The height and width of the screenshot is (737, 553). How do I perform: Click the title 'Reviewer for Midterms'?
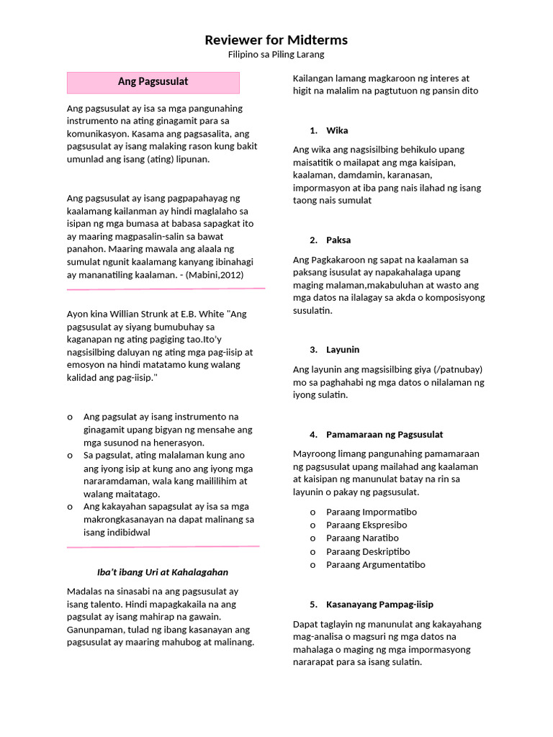pos(276,40)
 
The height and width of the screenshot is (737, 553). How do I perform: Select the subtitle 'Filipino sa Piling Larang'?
pos(276,55)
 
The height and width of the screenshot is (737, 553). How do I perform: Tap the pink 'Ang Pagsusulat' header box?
pos(153,82)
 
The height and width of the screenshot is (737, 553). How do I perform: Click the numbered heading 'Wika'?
pos(337,130)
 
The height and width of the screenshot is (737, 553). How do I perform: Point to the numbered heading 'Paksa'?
pos(338,240)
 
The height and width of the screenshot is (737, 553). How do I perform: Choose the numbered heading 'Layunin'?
pos(343,350)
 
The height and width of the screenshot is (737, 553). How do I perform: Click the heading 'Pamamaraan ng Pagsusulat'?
pos(385,435)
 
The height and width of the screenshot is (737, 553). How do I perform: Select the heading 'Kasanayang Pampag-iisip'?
pos(379,605)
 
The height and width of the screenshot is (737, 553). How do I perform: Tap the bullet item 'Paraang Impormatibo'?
pos(372,512)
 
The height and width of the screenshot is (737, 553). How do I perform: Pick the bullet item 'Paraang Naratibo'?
pos(362,538)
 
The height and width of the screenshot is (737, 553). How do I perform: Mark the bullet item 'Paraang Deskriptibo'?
pos(368,551)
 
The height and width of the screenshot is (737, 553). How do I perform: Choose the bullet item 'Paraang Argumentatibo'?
pos(375,565)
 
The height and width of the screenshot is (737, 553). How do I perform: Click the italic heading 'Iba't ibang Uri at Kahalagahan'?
pos(162,572)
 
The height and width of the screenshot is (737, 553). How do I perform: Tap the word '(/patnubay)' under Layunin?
pos(459,370)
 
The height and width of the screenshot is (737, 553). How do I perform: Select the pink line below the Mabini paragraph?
pos(166,289)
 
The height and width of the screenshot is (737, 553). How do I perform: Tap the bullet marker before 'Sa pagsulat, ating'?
pos(70,456)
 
